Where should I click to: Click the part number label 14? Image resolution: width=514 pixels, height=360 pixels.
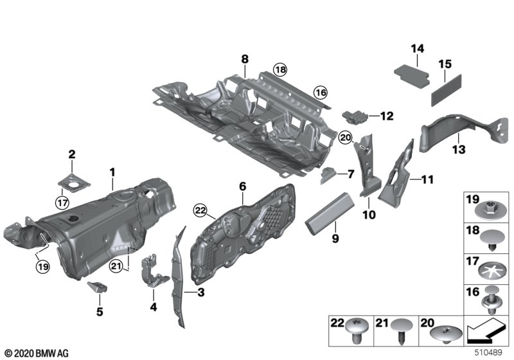(417, 48)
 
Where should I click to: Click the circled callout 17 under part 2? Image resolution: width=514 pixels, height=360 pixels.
(62, 204)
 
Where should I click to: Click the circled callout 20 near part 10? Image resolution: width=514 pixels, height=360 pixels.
(345, 136)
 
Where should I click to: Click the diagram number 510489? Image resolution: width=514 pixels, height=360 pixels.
(488, 353)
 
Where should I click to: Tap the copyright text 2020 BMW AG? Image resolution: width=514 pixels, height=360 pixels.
(36, 353)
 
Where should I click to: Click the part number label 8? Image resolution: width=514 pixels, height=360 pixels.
(245, 60)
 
